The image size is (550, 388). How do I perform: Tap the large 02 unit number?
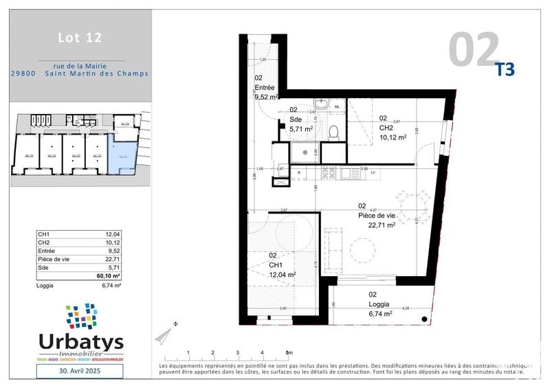tap(474, 49)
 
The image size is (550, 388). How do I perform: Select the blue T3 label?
tap(505, 69)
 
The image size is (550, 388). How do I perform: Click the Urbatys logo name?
tap(78, 341)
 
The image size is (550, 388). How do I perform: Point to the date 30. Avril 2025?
tap(79, 372)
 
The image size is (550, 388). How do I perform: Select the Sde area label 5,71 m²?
tap(301, 128)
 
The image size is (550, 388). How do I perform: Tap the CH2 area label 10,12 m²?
tap(393, 137)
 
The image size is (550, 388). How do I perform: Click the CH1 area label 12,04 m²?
tap(282, 274)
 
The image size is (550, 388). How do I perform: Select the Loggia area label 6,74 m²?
tap(379, 312)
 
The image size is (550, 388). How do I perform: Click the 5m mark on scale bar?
tap(288, 353)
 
